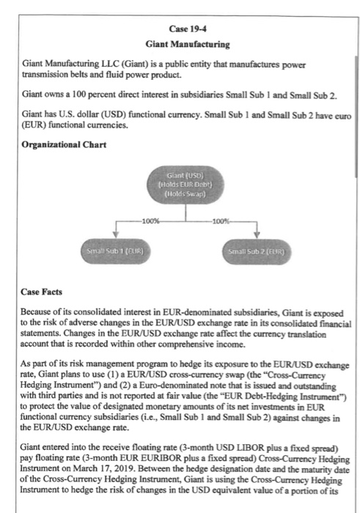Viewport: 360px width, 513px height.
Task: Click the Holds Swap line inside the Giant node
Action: [x=181, y=193]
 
